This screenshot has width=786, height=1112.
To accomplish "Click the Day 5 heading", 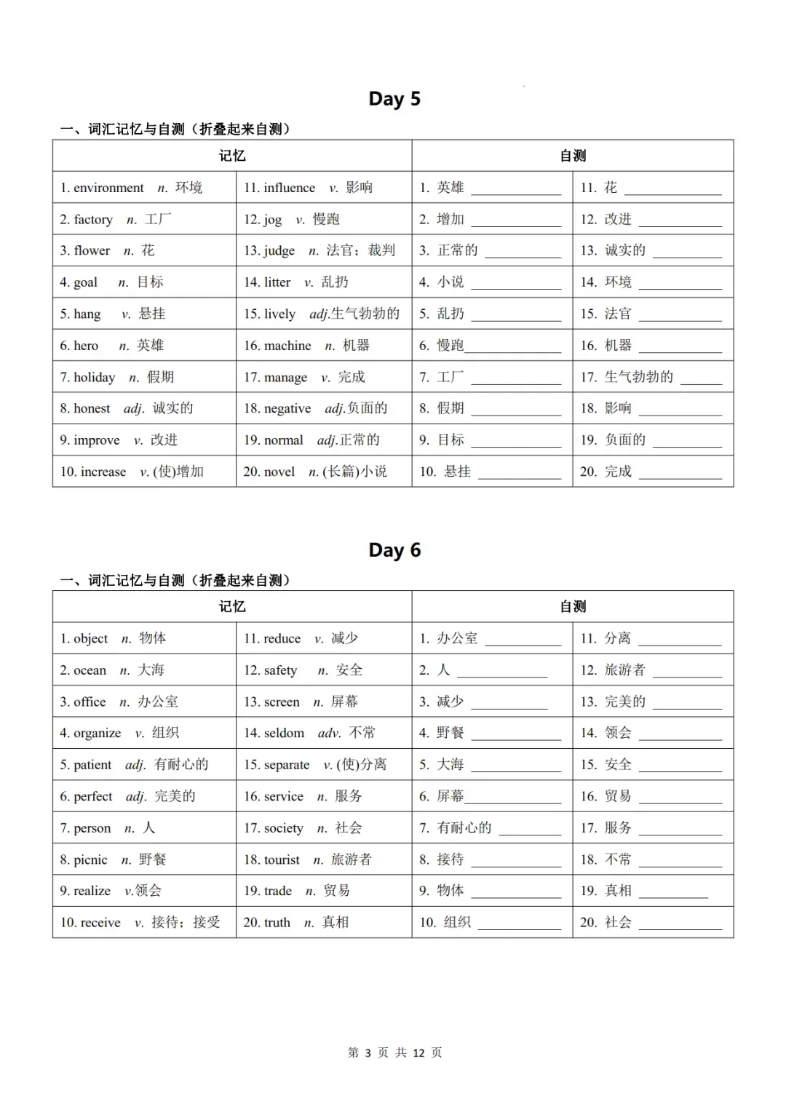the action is point(394,99).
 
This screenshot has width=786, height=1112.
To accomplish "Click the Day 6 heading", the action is point(394,550).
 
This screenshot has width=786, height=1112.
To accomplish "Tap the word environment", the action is point(108,188).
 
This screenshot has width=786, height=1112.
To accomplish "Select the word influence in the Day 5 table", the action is point(289,188).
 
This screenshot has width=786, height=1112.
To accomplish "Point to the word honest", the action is point(92,408).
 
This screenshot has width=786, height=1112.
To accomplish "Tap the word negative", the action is point(287,408).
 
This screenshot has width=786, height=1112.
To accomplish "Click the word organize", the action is point(97,733).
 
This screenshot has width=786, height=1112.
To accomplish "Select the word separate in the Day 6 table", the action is point(286,765).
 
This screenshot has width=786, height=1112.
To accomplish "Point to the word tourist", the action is point(282,859).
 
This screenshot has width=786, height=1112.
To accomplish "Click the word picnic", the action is point(90,859).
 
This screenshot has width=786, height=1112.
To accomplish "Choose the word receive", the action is point(100,923).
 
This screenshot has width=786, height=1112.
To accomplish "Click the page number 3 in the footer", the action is point(368,1053).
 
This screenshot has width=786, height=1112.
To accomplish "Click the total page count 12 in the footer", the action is point(418,1053).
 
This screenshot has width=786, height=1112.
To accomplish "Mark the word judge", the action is point(279,251).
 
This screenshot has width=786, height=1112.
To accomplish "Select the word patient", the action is point(92,765).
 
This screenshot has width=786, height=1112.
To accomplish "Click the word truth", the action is point(277,923).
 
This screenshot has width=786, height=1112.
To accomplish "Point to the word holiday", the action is point(94,377).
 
